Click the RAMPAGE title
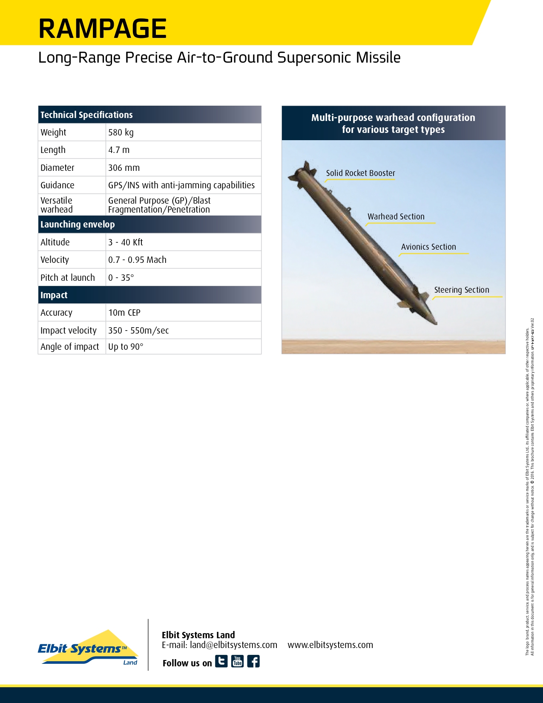point(102,29)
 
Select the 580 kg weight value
point(121,133)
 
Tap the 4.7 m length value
point(119,150)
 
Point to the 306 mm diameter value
point(124,168)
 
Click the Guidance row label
point(57,185)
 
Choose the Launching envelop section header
point(78,225)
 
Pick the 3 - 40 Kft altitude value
point(126,242)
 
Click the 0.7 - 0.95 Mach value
point(137,260)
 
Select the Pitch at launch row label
point(68,278)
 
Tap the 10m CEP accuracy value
point(124,313)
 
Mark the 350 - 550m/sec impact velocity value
point(138,331)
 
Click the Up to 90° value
point(126,347)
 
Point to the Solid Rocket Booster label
point(360,173)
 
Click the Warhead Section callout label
point(396,217)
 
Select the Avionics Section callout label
point(428,247)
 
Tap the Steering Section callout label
point(462,290)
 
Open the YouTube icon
point(237,661)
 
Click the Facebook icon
point(253,661)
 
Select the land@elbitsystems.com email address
point(233,645)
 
